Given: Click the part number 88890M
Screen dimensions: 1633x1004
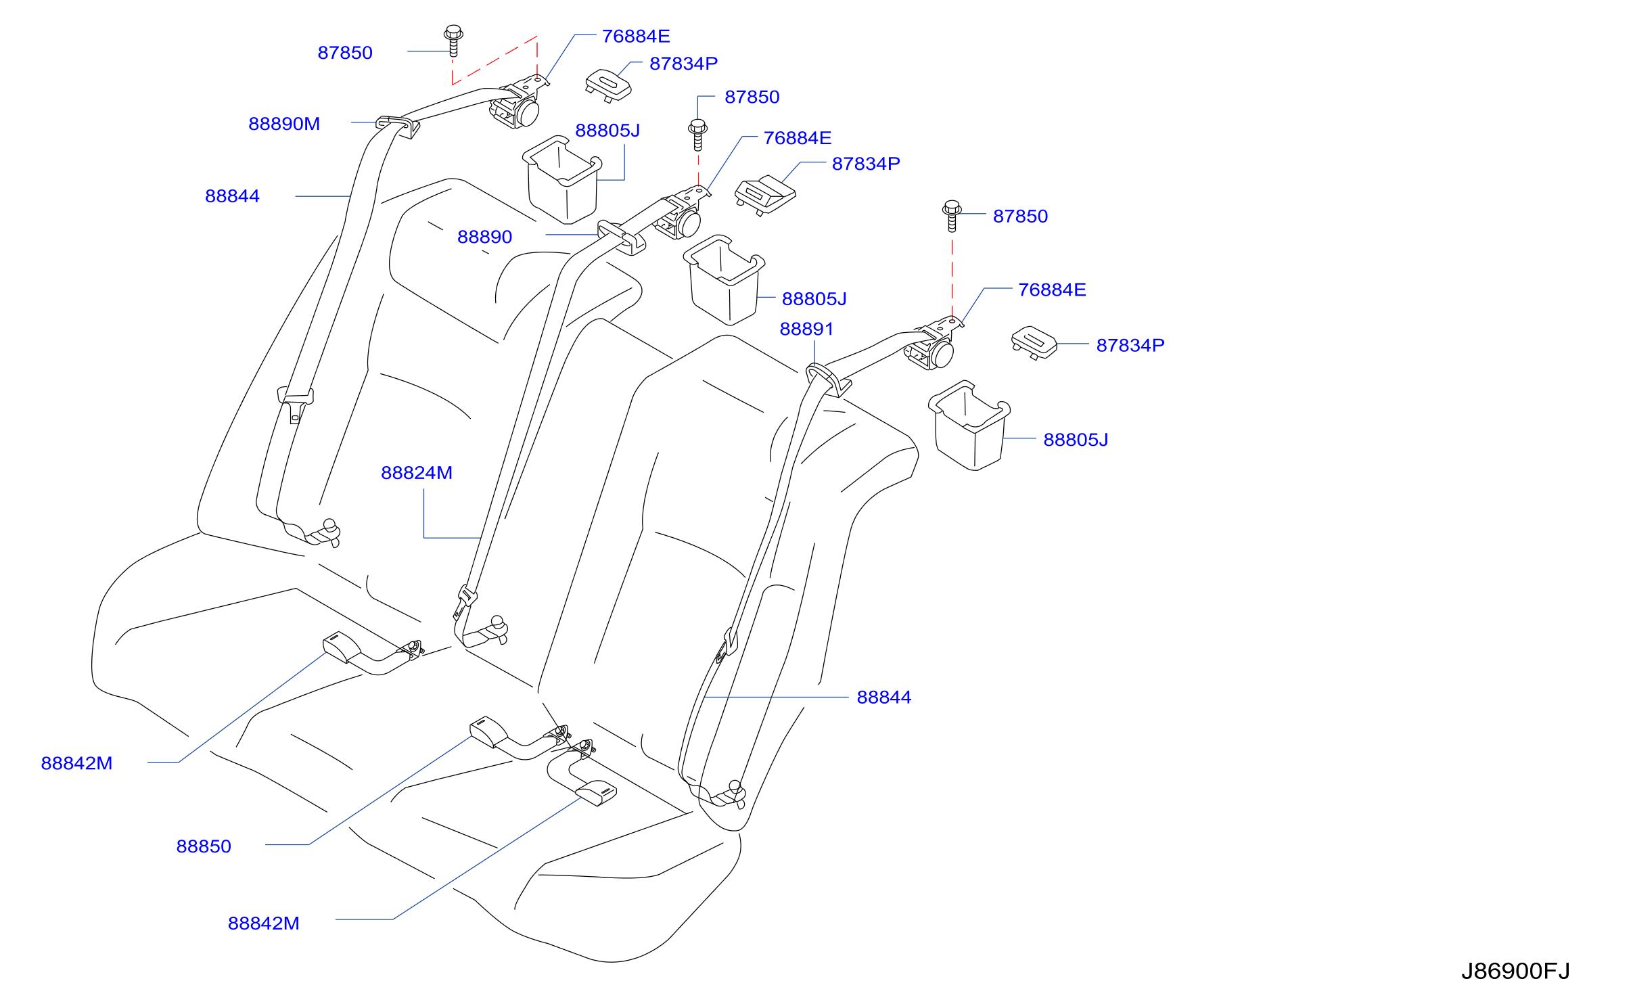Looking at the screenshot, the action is point(284,124).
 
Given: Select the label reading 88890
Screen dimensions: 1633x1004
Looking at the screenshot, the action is point(484,237).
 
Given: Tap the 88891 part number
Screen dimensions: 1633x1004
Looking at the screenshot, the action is point(806,329).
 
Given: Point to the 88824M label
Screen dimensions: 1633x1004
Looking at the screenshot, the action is point(416,473).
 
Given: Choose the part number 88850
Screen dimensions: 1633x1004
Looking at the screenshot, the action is point(204,846).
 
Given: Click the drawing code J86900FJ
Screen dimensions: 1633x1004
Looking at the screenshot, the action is point(1515,971).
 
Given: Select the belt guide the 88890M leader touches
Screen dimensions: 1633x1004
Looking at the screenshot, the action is point(398,126).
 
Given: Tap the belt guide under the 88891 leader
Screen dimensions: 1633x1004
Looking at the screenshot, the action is point(828,380).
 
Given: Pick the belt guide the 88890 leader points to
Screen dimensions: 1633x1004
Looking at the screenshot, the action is point(622,237).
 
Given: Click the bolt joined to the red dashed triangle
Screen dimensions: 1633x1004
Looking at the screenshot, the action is point(453,41).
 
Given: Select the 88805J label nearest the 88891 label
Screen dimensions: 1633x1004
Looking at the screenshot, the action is point(814,299).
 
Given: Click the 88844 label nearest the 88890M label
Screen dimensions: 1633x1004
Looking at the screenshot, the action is point(232,196).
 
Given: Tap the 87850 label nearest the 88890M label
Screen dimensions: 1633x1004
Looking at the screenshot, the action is point(345,53).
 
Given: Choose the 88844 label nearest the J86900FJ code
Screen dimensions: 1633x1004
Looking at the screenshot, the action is point(883,698).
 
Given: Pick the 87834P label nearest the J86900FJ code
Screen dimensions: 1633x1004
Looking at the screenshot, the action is point(1130,346).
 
